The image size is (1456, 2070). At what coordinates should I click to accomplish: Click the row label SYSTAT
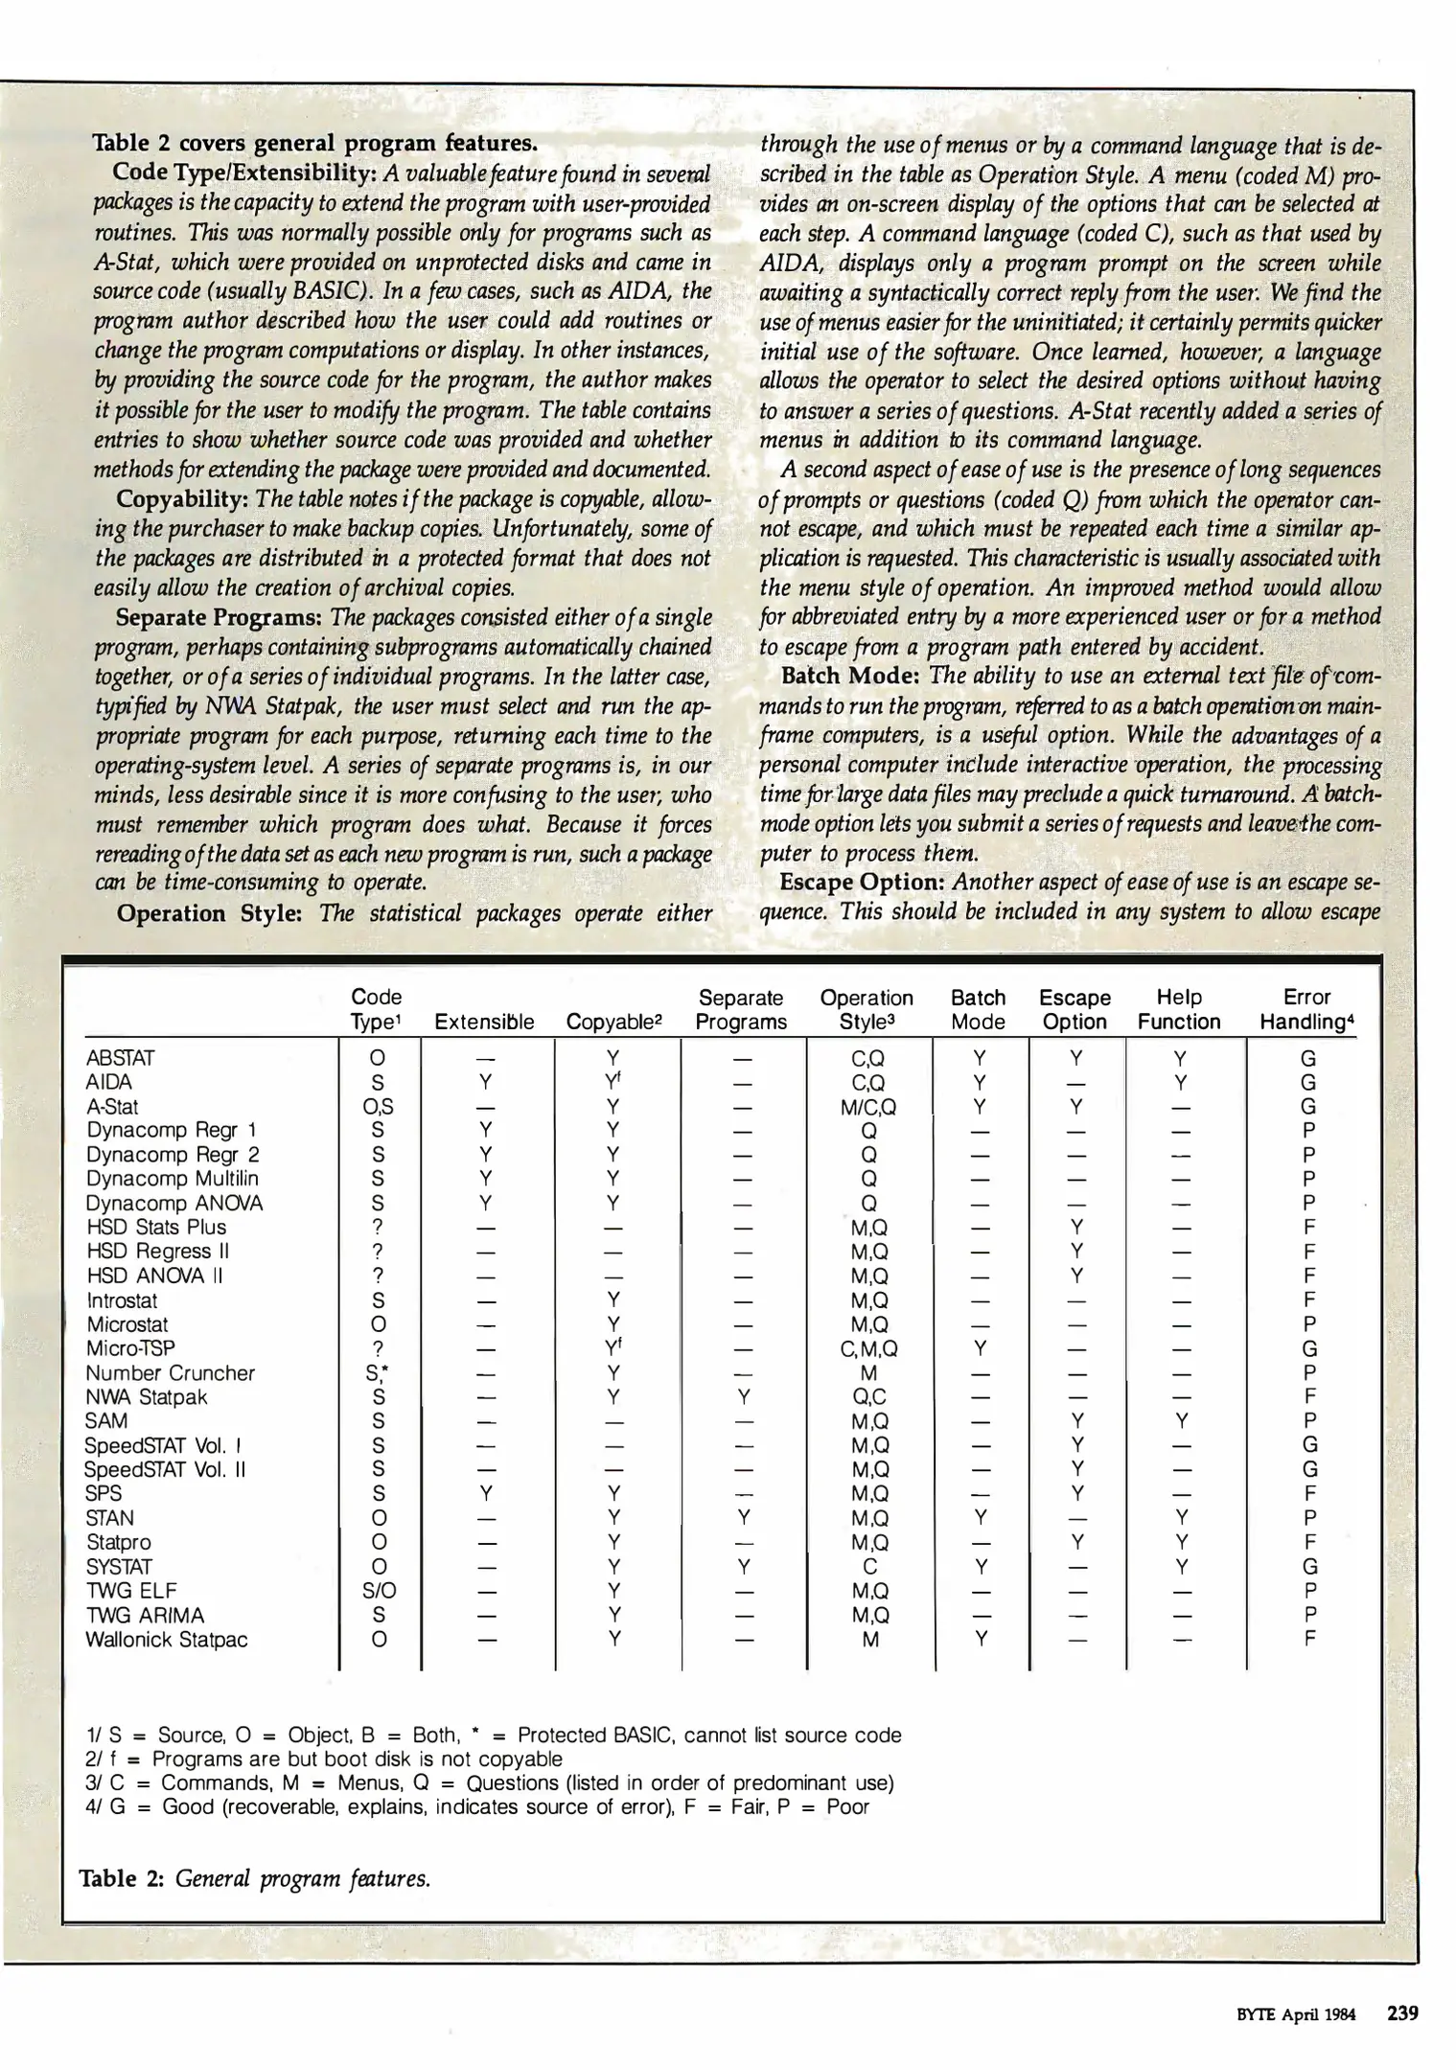click(119, 1566)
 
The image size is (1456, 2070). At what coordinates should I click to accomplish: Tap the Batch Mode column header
click(978, 1009)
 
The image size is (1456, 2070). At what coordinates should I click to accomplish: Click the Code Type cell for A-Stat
click(378, 1106)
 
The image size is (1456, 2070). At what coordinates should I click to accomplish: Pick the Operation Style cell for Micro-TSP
click(868, 1348)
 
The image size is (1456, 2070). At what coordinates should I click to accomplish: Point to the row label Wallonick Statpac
click(166, 1639)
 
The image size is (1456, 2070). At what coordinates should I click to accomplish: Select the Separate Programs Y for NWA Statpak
click(741, 1397)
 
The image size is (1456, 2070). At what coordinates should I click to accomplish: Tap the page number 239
click(1401, 2012)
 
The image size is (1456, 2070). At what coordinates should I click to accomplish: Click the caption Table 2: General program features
click(255, 1878)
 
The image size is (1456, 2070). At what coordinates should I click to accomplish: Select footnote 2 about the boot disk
click(324, 1759)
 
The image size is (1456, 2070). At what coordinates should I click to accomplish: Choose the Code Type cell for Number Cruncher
click(378, 1373)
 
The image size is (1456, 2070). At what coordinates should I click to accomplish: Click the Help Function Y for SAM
click(1181, 1421)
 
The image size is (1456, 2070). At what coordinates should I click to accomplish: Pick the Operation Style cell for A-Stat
click(868, 1106)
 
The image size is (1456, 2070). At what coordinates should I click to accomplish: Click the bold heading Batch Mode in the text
click(851, 675)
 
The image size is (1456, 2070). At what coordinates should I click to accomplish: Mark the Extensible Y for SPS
click(486, 1493)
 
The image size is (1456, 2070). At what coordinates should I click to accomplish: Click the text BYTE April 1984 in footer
click(1296, 2014)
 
